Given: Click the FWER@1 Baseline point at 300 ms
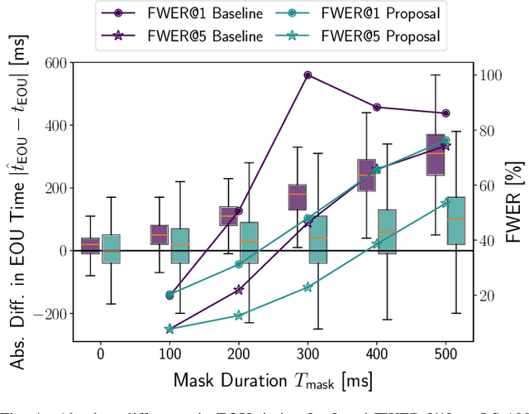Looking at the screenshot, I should pos(307,75).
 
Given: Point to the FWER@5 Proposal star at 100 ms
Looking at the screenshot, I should pos(169,329).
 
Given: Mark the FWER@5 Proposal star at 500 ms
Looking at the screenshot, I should pos(446,203).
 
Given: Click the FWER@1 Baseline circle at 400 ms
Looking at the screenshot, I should pos(377,107).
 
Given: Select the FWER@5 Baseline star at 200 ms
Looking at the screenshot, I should pos(239,290).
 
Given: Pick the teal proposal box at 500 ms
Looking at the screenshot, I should pos(455,220).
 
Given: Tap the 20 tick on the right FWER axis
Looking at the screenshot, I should pos(486,296).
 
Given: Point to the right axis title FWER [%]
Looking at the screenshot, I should pos(517,201).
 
